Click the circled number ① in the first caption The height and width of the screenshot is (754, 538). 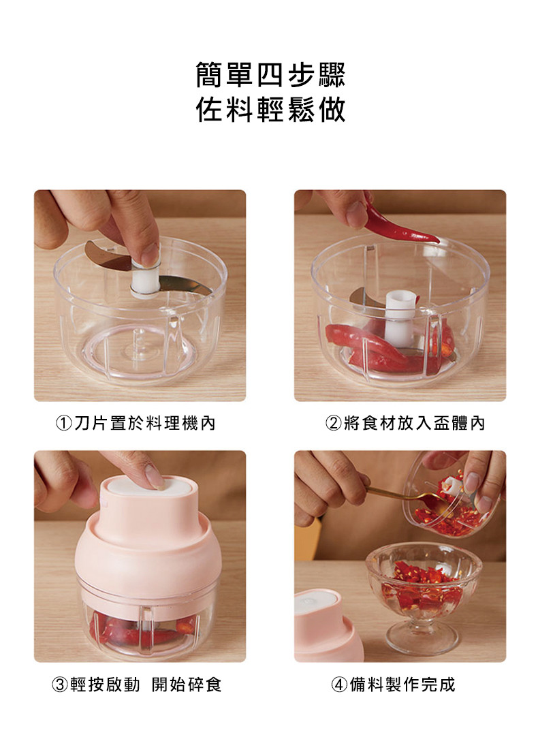[x=64, y=423]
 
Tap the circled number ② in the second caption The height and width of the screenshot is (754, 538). [x=334, y=423]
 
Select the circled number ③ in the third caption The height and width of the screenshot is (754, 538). [x=60, y=685]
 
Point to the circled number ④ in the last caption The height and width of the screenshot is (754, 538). [x=339, y=685]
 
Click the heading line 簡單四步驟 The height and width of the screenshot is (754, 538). [x=270, y=75]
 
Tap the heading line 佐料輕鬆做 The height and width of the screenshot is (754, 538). [x=270, y=110]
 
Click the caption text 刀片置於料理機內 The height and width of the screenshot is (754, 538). [x=145, y=423]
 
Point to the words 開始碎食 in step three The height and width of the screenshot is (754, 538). [x=187, y=685]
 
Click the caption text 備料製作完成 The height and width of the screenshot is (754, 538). [x=402, y=685]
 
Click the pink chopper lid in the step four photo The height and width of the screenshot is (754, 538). [x=327, y=625]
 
